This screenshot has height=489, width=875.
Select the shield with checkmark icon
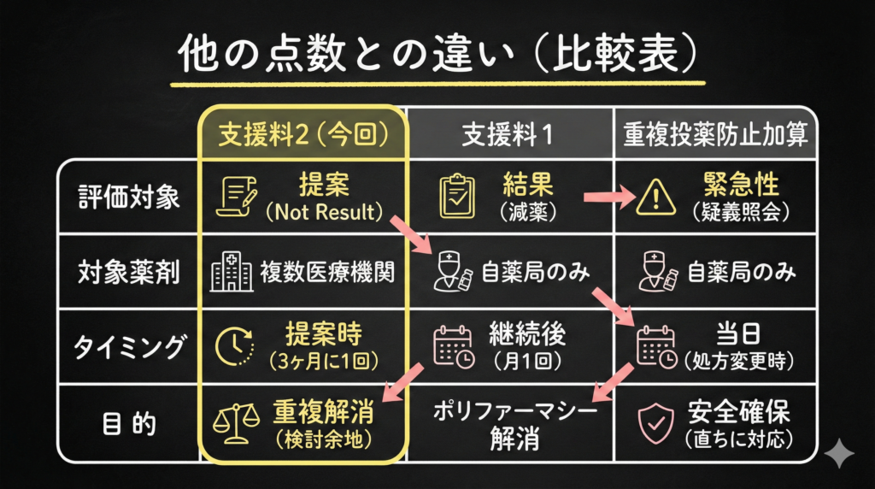coord(655,423)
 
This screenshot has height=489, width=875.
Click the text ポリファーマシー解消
coord(509,423)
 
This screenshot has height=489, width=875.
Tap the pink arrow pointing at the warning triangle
coord(608,197)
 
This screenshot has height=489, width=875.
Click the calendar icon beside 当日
coord(655,347)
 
